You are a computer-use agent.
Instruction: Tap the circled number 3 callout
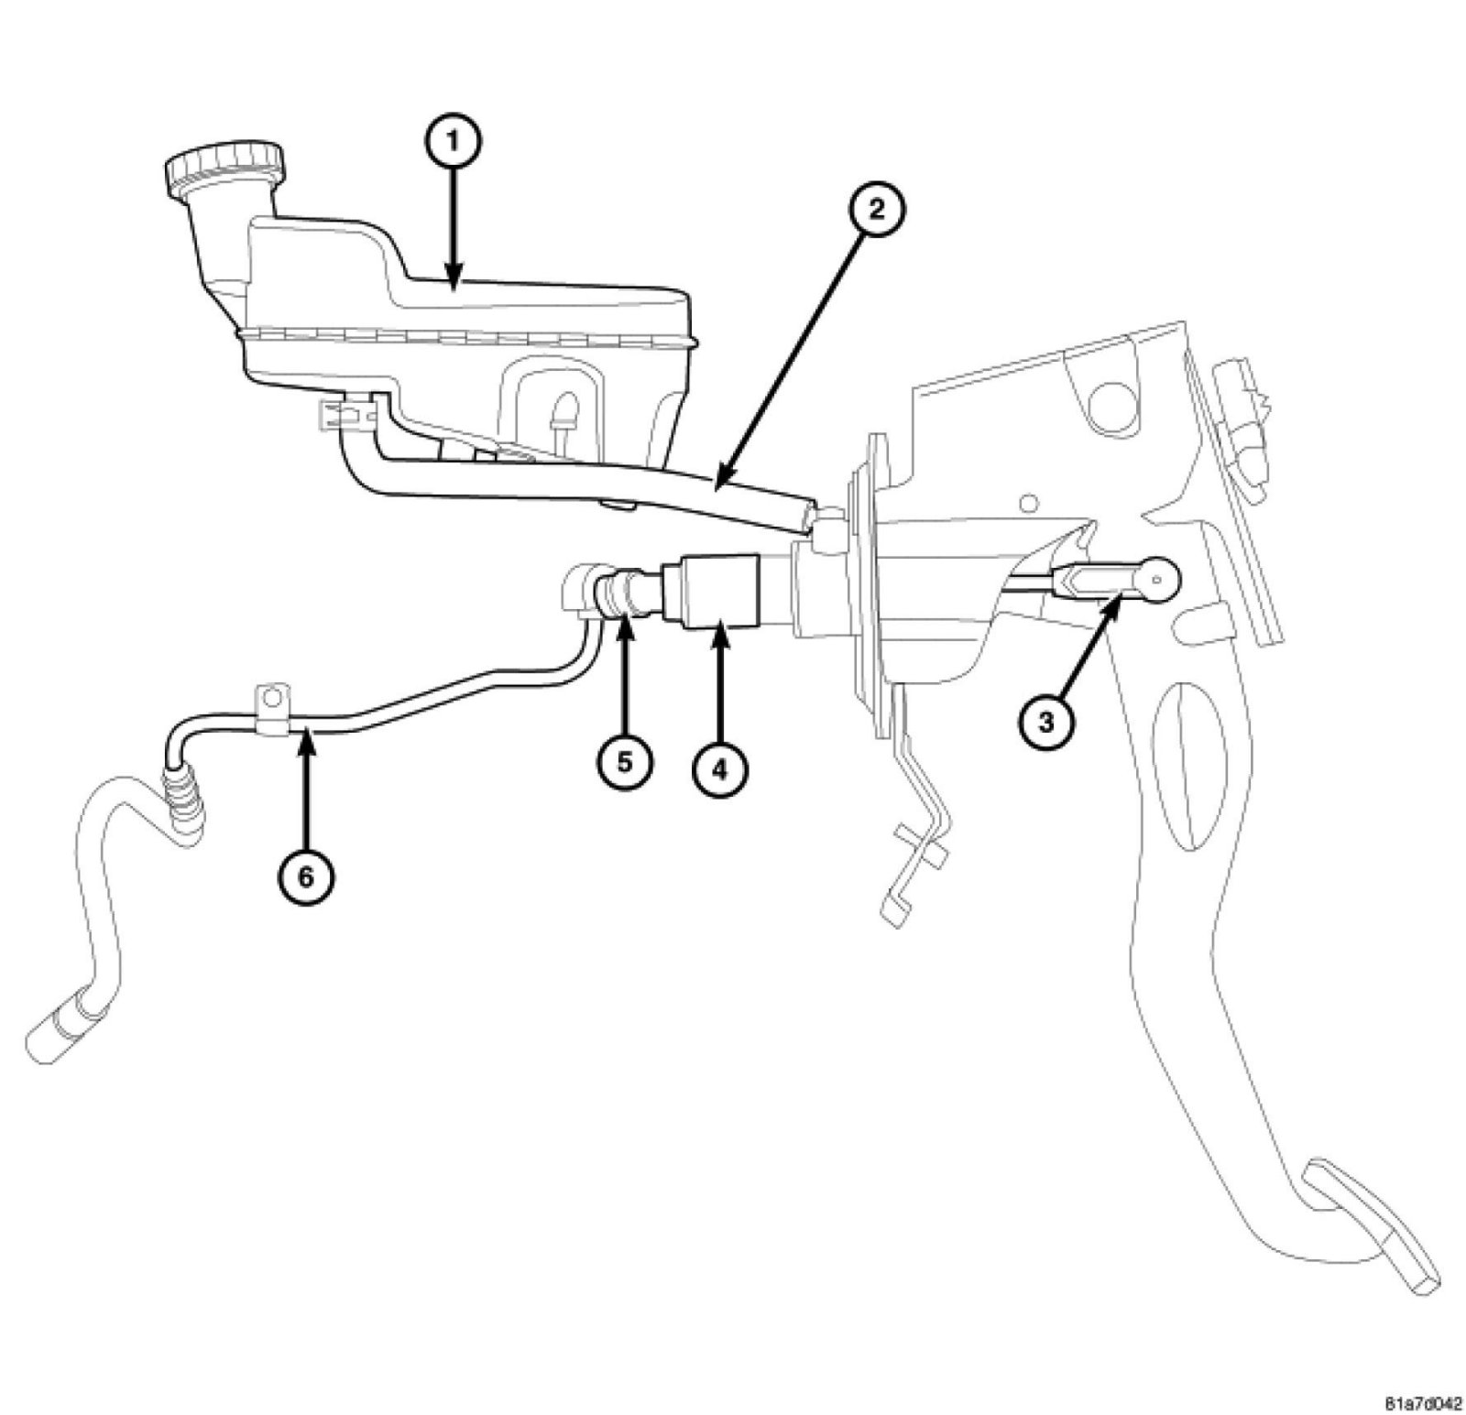click(1045, 722)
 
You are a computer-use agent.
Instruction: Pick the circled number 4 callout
click(718, 768)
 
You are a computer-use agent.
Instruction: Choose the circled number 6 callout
click(306, 876)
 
